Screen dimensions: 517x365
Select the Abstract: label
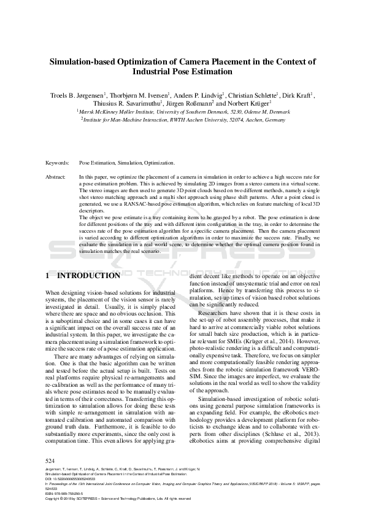56,177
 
